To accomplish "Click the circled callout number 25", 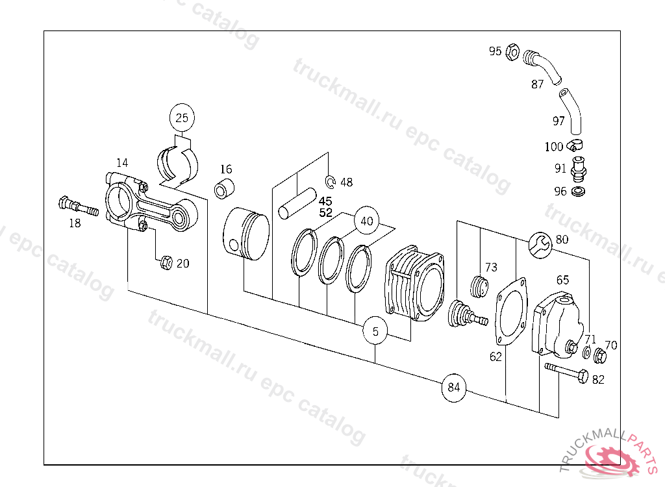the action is coord(182,118).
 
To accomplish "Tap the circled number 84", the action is coord(454,388).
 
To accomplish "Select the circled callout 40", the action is coord(367,221).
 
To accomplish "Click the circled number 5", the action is coord(375,332).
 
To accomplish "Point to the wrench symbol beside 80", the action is coord(540,243).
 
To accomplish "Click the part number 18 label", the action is coord(75,223).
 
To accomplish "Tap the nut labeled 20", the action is coord(166,263).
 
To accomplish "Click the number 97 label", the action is coord(558,121).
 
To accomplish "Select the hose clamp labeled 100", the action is coord(576,144).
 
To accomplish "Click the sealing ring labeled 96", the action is coord(578,192).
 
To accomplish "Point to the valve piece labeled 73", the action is coord(480,287).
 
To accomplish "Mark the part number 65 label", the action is coord(562,280).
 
